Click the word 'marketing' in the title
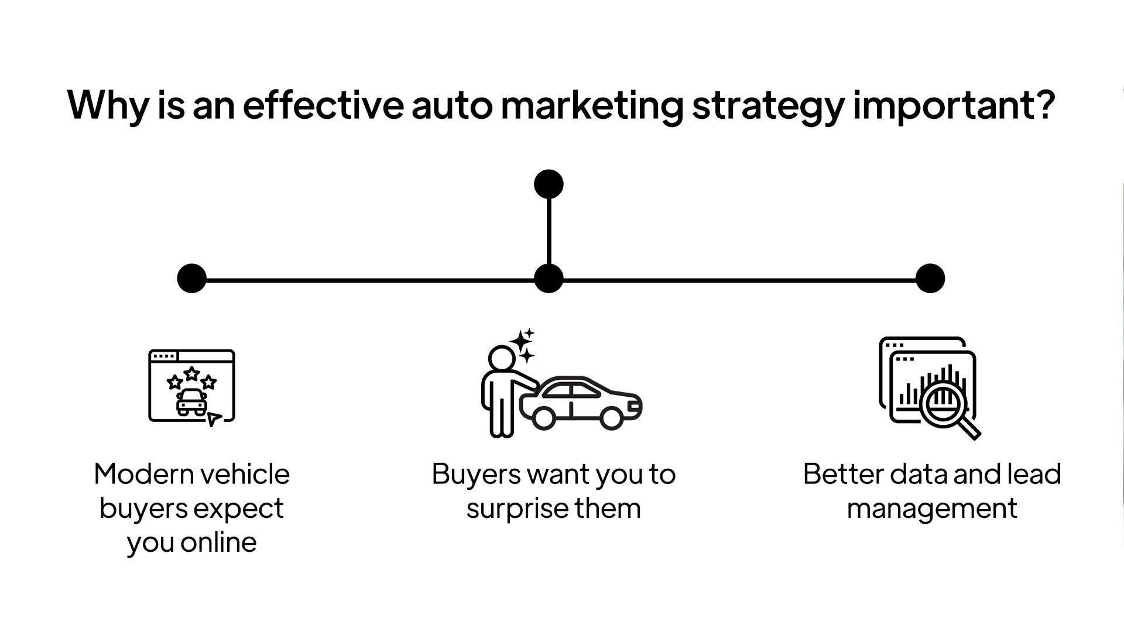pos(591,105)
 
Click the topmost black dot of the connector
pos(549,184)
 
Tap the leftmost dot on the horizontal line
pos(192,278)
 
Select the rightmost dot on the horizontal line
pos(930,278)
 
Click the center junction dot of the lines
pos(549,278)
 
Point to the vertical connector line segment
pos(549,231)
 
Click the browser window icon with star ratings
pos(191,386)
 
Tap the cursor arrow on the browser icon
pos(214,418)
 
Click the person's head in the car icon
pos(501,357)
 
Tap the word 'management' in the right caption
pos(931,509)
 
